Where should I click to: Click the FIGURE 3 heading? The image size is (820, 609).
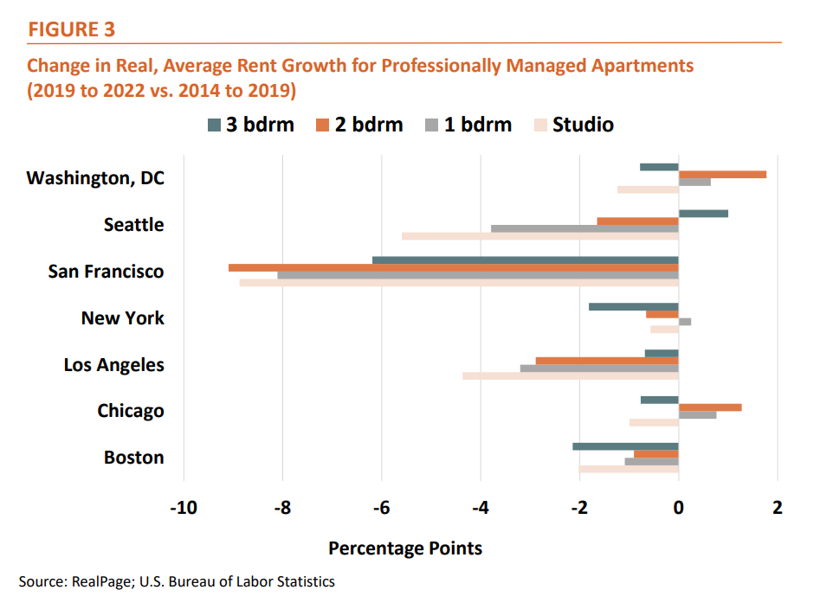point(72,29)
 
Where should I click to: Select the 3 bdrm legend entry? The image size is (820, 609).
point(251,125)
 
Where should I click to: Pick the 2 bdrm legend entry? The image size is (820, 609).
point(358,125)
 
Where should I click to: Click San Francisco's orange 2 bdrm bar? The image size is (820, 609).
point(453,267)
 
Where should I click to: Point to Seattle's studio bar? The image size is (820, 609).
point(539,236)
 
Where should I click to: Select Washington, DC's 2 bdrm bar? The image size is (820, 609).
point(722,174)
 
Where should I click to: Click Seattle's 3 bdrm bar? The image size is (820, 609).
point(703,213)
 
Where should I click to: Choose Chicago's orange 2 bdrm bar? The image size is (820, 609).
point(710,407)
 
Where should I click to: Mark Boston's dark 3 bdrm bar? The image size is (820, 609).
point(625,446)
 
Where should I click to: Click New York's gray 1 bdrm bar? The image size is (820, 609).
point(685,322)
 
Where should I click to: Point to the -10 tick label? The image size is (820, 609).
point(184,507)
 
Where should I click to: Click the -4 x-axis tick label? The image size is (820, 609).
point(481,507)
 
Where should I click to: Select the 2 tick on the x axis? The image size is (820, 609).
point(778,507)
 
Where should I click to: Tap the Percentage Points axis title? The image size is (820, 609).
point(405,548)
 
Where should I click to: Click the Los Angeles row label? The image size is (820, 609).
point(113,365)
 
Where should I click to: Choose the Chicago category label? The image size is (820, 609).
point(131,411)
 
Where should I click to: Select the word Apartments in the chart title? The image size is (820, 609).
point(640,65)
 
